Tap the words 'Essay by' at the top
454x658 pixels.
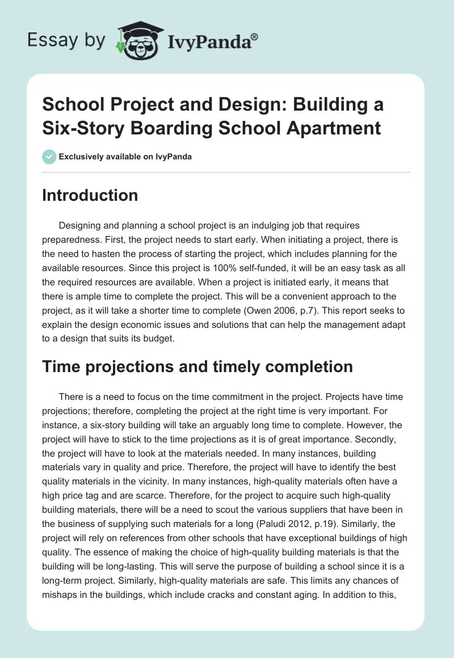[x=66, y=40]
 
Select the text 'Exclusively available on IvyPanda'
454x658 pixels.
[x=125, y=157]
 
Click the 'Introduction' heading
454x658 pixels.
[x=90, y=196]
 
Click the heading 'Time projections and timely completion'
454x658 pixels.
[x=197, y=367]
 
